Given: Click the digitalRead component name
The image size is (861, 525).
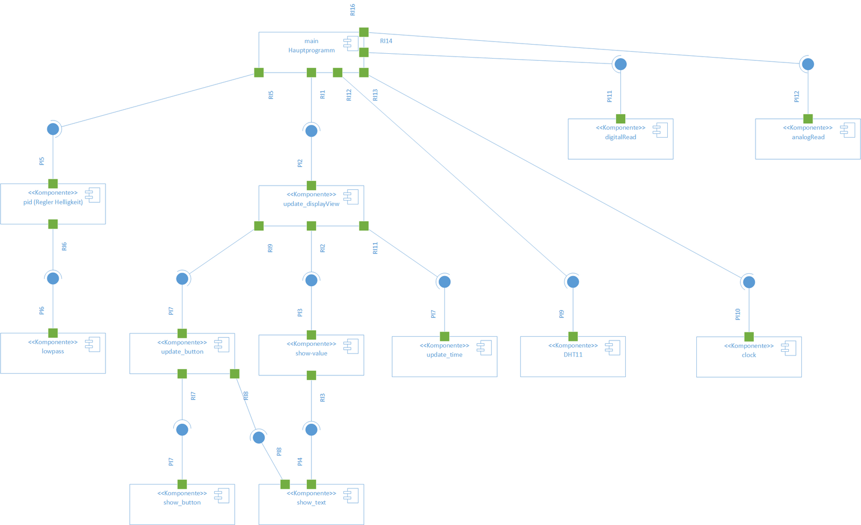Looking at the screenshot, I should (x=620, y=137).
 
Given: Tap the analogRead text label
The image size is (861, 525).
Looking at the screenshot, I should (x=808, y=137).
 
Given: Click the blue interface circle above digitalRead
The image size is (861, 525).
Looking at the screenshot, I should (x=620, y=64).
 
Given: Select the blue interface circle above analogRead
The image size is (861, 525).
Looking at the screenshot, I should (x=808, y=64).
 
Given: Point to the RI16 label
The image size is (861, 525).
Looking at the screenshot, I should (x=352, y=10).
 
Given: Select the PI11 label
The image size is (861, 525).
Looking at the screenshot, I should (x=609, y=96).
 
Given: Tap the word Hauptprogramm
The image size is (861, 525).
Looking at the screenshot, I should (x=311, y=51).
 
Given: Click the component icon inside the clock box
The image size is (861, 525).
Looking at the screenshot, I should (x=788, y=348).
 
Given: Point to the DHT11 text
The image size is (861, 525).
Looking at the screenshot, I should (x=573, y=355).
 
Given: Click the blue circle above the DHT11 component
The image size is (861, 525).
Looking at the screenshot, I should (x=573, y=281).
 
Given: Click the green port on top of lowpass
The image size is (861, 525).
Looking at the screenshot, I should (x=53, y=333).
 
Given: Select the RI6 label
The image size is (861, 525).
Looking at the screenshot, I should (x=64, y=247).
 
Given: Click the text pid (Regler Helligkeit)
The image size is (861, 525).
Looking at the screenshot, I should (x=53, y=202).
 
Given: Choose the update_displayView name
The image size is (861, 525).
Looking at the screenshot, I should (x=311, y=204).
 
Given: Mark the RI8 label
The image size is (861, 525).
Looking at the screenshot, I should (x=246, y=396).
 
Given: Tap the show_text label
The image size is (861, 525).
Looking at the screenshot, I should (x=311, y=502).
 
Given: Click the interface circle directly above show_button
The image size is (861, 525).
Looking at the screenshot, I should (x=182, y=429).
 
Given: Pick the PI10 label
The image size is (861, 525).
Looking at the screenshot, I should (x=737, y=314).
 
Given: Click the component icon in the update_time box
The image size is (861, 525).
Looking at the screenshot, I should (x=484, y=347).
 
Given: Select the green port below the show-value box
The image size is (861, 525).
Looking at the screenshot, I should (x=311, y=375).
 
